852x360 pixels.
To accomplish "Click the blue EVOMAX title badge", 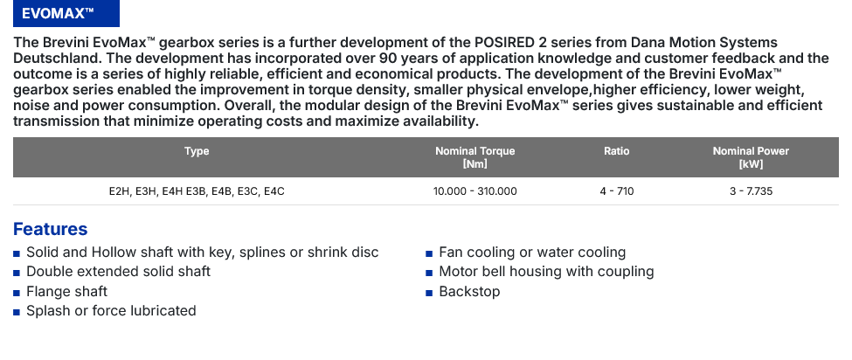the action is coord(66,14).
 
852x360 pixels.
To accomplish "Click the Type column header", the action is coord(197,151).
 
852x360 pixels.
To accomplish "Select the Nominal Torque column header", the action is coord(474,157).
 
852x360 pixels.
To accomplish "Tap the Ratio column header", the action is coord(617,151).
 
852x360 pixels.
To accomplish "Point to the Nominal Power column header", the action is coord(751,157).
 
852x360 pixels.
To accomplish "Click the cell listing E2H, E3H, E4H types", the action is coord(197,191).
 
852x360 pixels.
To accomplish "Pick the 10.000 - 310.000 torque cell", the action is coord(474,191).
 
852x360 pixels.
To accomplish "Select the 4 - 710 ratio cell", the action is coord(617,191).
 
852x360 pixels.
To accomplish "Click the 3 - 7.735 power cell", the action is coord(751,191).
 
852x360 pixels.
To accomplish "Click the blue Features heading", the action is coord(50,229).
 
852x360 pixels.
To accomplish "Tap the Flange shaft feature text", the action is coord(66,292).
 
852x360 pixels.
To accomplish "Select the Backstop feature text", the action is coord(469,292).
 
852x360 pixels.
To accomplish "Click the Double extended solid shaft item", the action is coord(119,272).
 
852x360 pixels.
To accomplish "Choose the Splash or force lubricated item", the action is coord(111,310).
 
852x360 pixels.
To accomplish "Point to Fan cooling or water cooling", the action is coord(532,253).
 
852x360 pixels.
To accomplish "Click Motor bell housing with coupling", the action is coord(546,272).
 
